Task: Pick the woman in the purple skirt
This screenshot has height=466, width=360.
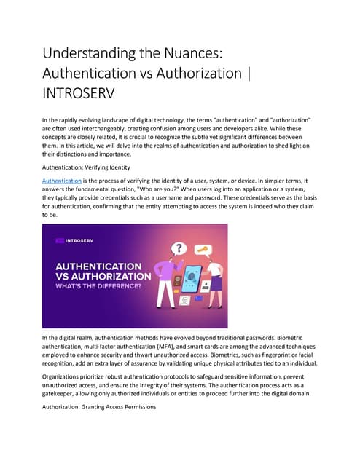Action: [x=214, y=288]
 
